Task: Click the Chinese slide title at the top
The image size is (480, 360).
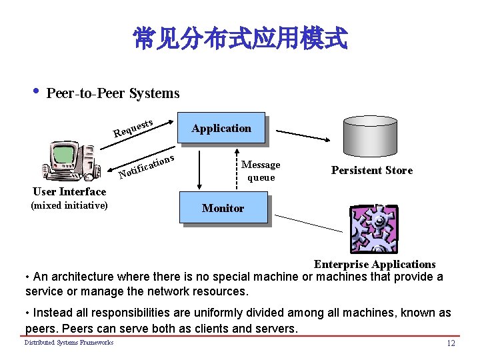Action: (240, 39)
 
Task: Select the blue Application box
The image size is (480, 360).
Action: (221, 128)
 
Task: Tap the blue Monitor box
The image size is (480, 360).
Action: (223, 208)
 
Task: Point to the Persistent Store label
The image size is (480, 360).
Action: (372, 171)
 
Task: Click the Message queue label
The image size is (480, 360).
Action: (261, 171)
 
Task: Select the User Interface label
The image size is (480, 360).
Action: (69, 192)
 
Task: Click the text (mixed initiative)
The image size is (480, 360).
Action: (69, 205)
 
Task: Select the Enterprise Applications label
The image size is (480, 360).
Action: (375, 265)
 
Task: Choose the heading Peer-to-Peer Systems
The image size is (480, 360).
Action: (113, 93)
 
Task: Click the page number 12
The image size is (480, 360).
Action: (451, 343)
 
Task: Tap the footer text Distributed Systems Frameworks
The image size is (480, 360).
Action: (69, 343)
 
